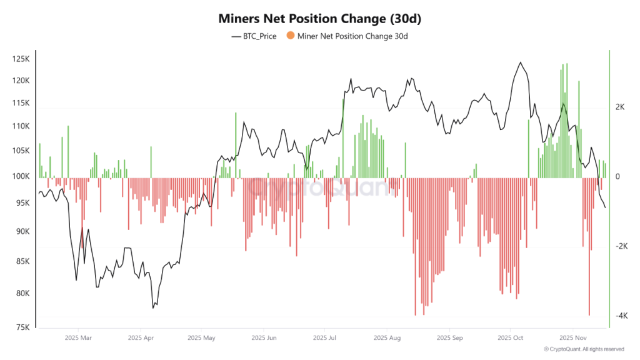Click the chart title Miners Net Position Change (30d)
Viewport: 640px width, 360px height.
point(319,19)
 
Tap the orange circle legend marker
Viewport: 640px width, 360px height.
point(291,36)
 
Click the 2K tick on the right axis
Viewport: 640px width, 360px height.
point(621,107)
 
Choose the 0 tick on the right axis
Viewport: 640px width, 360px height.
point(617,176)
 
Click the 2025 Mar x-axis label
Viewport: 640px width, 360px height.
point(77,338)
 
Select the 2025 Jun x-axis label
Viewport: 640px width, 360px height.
point(263,338)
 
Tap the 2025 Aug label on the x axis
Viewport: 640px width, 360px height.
point(387,338)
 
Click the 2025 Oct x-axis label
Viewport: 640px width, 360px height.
point(511,338)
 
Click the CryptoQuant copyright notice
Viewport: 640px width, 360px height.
point(584,349)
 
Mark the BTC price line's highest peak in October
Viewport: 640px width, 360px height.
point(520,62)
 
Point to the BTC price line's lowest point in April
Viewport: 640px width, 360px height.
point(153,307)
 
